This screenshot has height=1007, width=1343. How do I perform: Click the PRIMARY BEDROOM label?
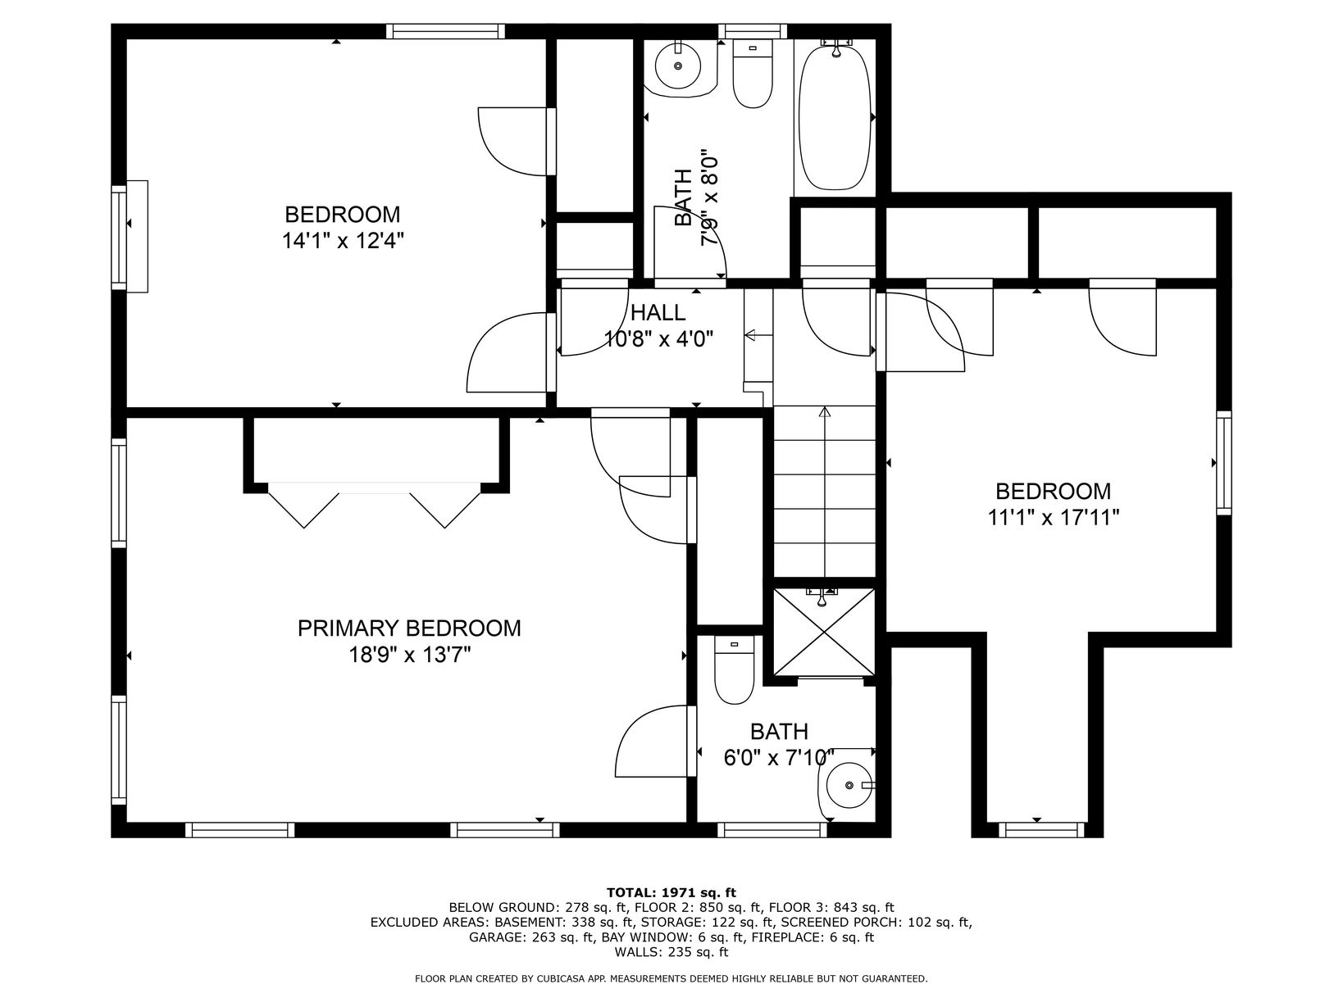tap(408, 628)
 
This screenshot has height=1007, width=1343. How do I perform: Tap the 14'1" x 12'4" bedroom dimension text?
tap(343, 241)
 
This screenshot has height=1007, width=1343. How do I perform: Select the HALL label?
tap(658, 312)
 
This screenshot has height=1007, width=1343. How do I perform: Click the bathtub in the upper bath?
tap(835, 118)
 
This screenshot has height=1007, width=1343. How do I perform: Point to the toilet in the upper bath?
tap(752, 74)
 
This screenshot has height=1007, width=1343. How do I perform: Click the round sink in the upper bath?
tap(678, 66)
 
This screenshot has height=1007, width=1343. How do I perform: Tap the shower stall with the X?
tap(824, 633)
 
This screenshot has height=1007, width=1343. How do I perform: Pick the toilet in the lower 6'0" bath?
tap(734, 670)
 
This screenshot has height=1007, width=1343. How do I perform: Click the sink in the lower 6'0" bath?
tap(848, 785)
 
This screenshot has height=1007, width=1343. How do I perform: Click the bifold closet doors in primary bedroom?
tap(375, 505)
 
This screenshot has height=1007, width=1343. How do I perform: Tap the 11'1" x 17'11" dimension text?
tap(1053, 518)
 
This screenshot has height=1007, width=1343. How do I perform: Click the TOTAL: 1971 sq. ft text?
tap(671, 892)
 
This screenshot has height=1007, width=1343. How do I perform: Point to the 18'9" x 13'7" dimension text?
tap(409, 655)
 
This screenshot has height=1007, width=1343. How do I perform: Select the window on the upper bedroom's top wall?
tap(445, 31)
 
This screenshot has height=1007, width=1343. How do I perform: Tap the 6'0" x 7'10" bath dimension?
tap(779, 758)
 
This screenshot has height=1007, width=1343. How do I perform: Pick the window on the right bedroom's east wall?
tap(1223, 463)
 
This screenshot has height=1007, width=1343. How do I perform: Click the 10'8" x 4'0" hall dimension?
tap(658, 338)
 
